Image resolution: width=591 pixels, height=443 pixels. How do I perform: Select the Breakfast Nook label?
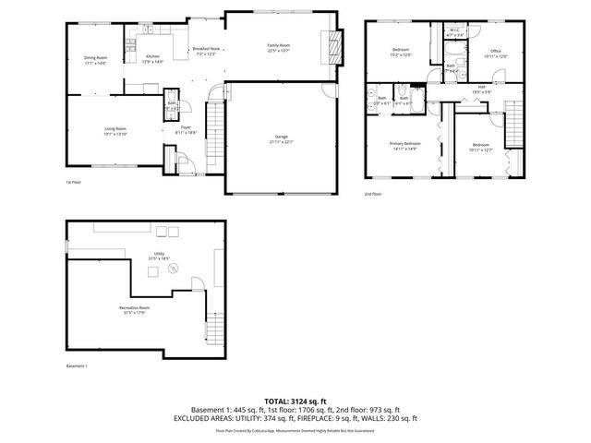[206, 49]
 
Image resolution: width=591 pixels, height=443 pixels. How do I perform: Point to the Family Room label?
[278, 45]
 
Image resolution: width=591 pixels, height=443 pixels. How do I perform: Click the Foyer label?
[186, 127]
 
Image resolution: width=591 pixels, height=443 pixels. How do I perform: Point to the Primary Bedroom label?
[404, 143]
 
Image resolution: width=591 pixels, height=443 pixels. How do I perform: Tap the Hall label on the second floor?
[481, 87]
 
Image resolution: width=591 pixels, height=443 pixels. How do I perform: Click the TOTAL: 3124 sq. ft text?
[295, 401]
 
